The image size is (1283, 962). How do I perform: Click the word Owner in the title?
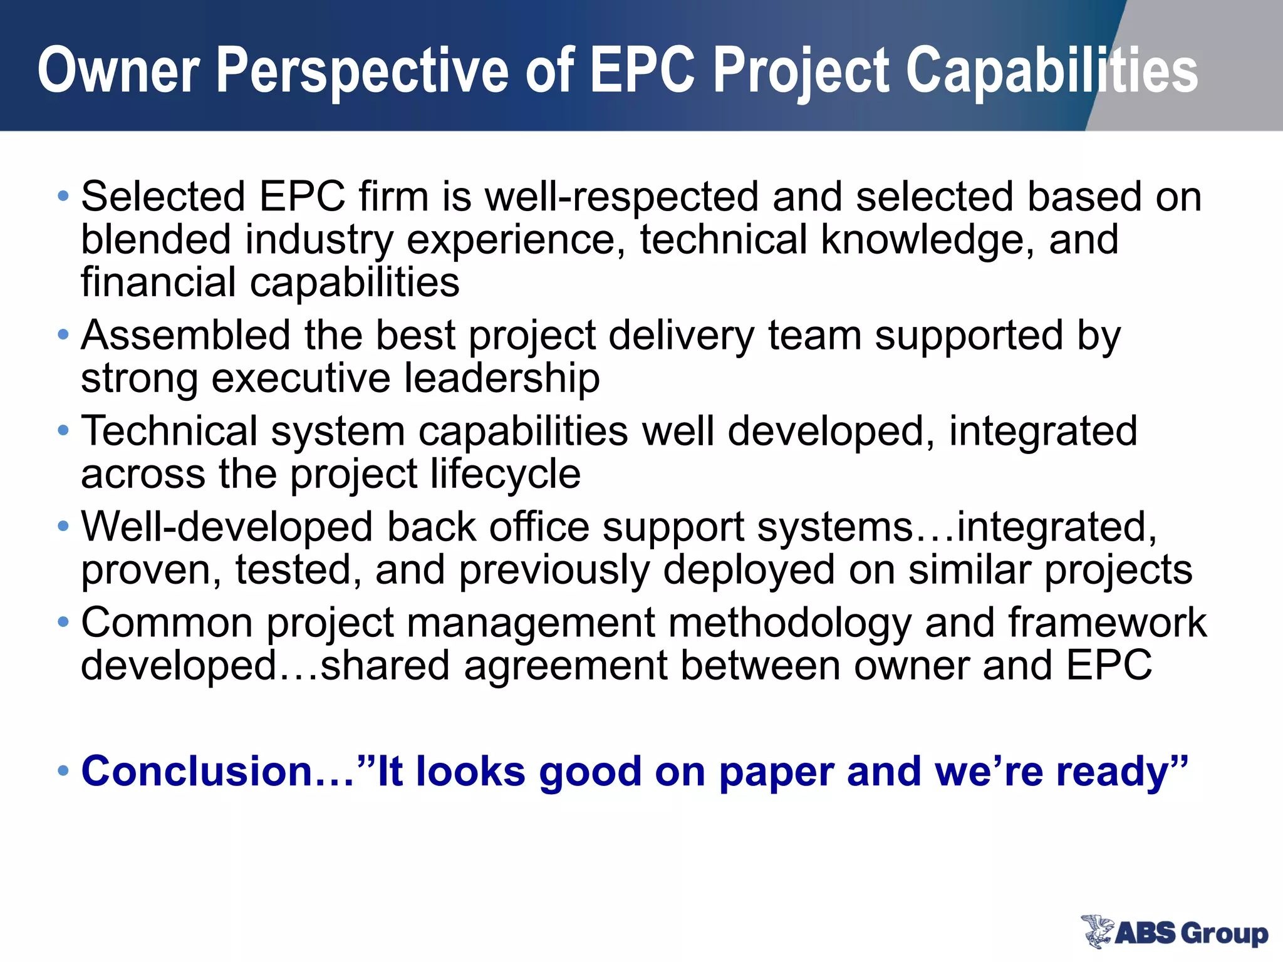click(119, 70)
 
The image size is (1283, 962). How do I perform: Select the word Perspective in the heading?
click(363, 70)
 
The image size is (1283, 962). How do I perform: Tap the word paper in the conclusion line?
click(776, 772)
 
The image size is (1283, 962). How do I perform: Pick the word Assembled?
click(185, 336)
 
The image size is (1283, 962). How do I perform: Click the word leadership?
click(501, 378)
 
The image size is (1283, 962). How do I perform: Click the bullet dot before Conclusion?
click(63, 771)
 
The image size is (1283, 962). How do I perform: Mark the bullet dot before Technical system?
click(63, 431)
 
